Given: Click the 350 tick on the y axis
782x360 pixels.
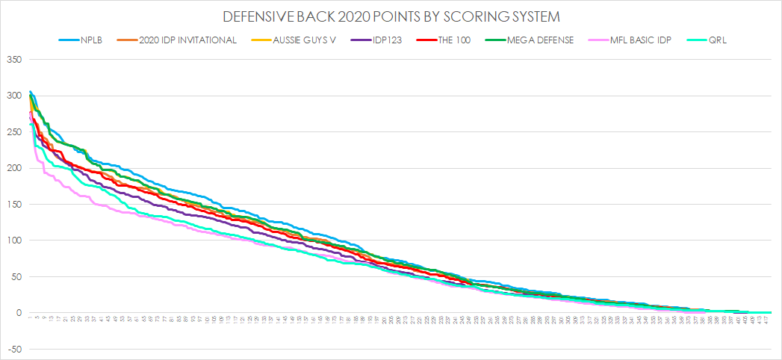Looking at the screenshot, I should (x=15, y=60).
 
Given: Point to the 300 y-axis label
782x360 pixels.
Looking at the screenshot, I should (x=15, y=96).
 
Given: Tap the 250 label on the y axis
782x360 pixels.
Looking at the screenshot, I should (x=15, y=132).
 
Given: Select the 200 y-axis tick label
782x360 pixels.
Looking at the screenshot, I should (x=15, y=168).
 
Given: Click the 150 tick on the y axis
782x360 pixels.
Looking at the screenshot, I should (x=15, y=205).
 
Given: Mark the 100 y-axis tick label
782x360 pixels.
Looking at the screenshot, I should (x=15, y=240).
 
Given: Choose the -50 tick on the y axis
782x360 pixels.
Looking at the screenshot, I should (x=16, y=349).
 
